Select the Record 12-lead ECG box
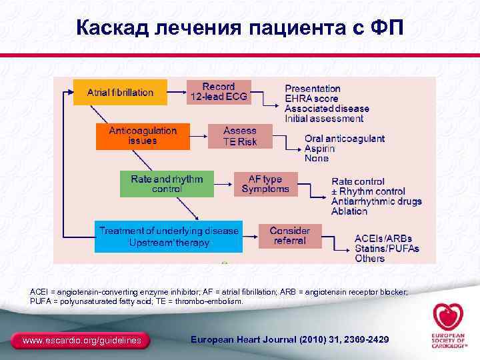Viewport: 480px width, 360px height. click(219, 92)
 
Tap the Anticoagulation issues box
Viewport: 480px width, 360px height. click(143, 136)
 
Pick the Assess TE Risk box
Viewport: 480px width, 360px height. click(240, 136)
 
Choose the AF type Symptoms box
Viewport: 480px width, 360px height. click(265, 184)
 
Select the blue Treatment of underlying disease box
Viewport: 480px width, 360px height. click(168, 236)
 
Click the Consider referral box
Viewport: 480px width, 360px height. click(289, 235)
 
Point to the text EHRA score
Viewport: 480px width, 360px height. click(311, 99)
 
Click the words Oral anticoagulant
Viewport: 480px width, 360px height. click(344, 139)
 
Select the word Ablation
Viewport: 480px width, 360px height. click(349, 211)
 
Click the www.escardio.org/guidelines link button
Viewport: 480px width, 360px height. click(82, 341)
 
